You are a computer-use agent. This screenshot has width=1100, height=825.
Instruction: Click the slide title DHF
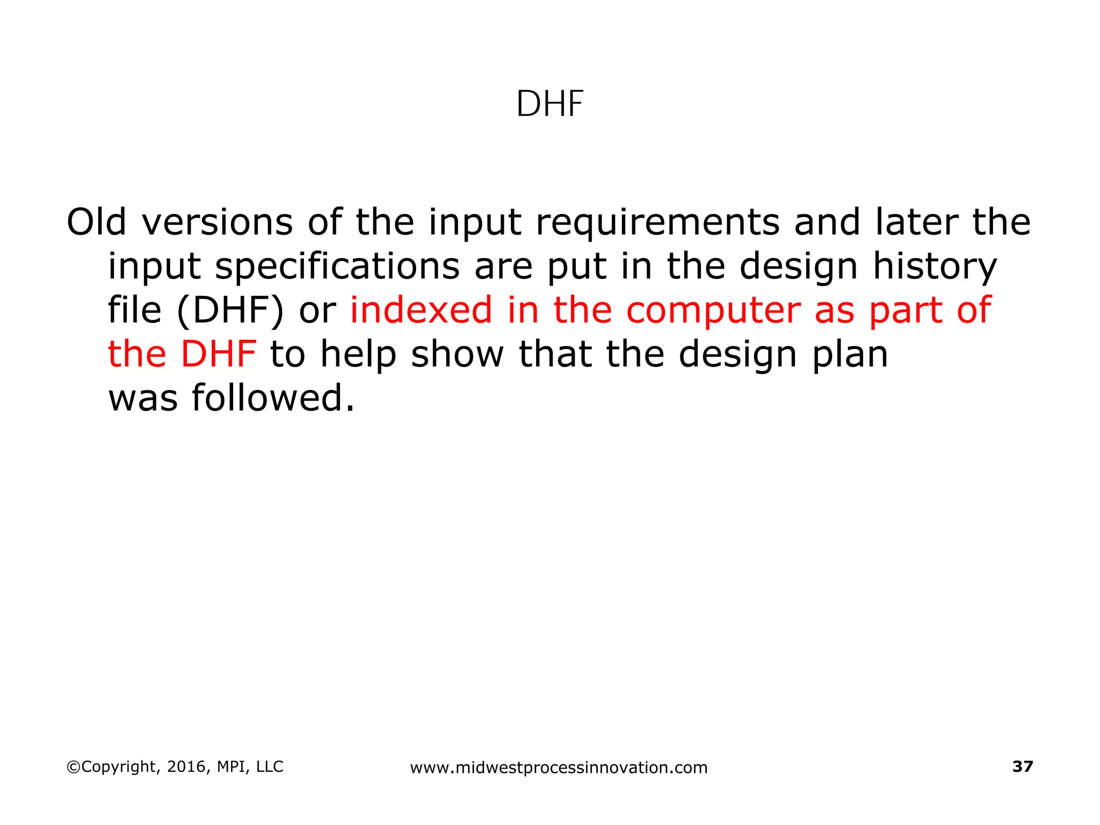549,104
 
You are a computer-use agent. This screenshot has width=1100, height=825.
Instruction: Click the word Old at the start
96,222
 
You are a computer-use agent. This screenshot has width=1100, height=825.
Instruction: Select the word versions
218,222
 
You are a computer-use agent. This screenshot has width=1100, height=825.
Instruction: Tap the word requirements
657,222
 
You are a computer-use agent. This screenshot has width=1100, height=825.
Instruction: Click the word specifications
337,266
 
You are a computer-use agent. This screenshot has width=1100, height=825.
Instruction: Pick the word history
935,266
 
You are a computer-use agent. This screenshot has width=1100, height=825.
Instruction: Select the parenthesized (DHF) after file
230,310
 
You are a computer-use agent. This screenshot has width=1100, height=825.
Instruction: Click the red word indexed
421,310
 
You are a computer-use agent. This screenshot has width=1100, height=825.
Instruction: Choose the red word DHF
219,354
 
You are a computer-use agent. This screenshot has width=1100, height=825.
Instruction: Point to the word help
358,354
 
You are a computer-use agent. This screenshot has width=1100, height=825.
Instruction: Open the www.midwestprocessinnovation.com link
559,768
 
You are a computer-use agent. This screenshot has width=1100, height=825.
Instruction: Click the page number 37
1022,766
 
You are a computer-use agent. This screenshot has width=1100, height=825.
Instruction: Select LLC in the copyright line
270,767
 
